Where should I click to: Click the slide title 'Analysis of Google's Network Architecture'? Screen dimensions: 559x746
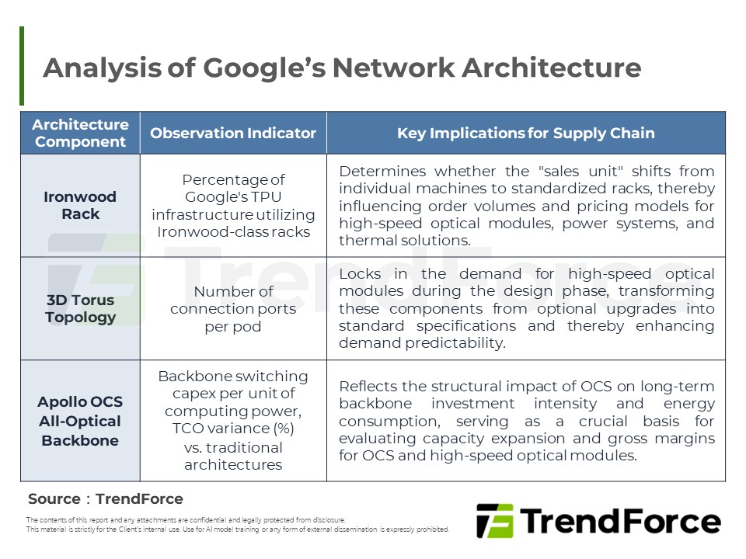coord(342,68)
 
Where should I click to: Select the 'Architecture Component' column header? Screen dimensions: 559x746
coord(80,133)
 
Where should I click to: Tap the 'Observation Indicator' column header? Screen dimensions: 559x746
coord(233,133)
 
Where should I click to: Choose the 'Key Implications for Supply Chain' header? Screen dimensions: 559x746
coord(525,133)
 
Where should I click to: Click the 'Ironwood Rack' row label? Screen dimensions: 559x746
coord(80,205)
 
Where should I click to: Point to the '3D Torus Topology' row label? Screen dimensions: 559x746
coord(80,308)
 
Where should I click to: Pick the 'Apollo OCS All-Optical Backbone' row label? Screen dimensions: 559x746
coord(80,421)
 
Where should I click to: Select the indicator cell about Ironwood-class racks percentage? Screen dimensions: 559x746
coord(233,205)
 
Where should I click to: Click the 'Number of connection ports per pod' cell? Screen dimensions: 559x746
coord(233,308)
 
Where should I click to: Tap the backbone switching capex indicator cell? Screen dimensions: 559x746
coord(233,420)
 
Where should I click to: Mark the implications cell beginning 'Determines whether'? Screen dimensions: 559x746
coord(526,205)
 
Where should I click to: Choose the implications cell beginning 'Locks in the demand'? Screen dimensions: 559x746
coord(526,308)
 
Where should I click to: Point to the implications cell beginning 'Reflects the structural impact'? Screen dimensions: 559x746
coord(526,421)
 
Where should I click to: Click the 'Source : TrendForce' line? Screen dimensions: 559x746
coord(106,498)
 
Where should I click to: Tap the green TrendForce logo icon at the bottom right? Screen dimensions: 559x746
coord(494,520)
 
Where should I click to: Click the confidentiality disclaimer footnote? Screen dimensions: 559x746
coord(237,524)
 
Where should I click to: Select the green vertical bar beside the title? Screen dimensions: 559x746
coord(22,66)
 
